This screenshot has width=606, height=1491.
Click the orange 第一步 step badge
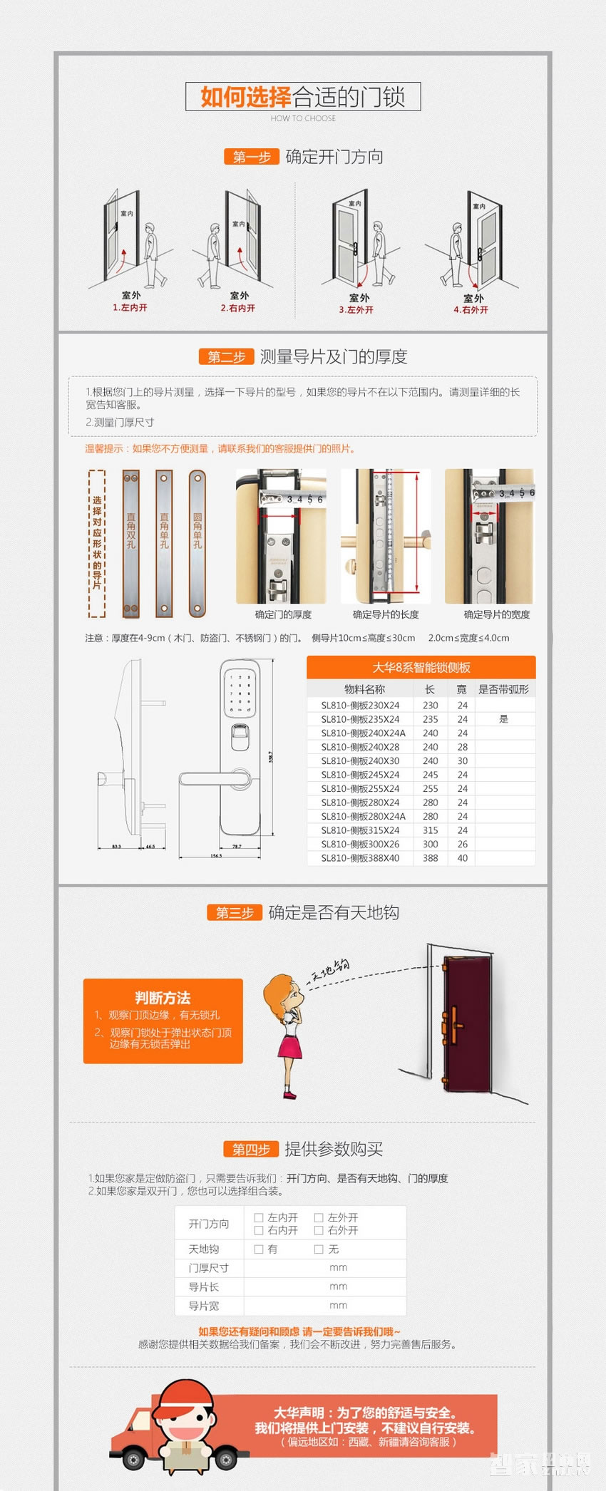tap(251, 157)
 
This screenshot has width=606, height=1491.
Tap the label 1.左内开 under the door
tap(130, 308)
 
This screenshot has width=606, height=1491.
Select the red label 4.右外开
tap(471, 310)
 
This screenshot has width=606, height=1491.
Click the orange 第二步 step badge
tap(226, 357)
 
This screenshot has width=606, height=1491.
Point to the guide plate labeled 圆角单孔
tap(197, 543)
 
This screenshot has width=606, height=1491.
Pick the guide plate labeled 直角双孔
tap(130, 543)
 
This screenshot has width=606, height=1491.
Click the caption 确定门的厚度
tap(283, 614)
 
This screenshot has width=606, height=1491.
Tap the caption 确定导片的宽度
tap(497, 614)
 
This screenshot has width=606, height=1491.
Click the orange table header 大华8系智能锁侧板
tap(421, 667)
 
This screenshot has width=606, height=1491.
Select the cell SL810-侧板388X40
tap(360, 858)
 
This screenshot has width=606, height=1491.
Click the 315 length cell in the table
tap(431, 830)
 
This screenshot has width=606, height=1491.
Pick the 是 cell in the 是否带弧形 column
tap(503, 719)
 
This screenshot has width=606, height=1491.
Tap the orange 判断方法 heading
tap(163, 998)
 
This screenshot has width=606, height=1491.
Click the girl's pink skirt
tap(290, 1047)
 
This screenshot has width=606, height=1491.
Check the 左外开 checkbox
tap(319, 1217)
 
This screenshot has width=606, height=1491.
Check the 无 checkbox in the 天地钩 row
tap(319, 1249)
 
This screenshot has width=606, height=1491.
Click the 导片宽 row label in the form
tap(204, 1306)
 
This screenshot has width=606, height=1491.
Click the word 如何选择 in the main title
tap(245, 97)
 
